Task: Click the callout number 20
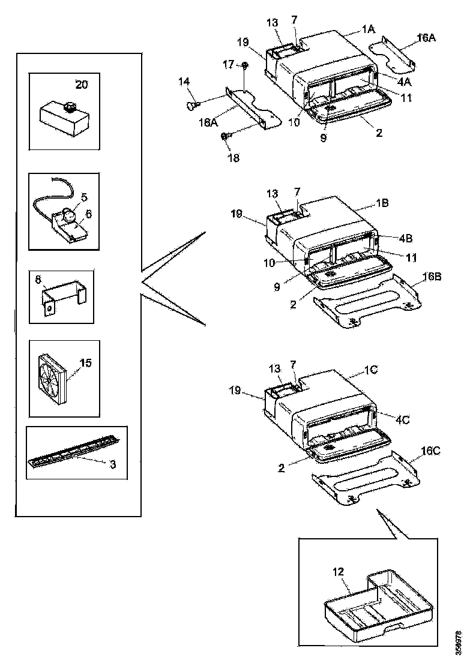point(81,85)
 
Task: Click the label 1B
point(382,203)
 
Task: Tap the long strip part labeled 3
point(72,459)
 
